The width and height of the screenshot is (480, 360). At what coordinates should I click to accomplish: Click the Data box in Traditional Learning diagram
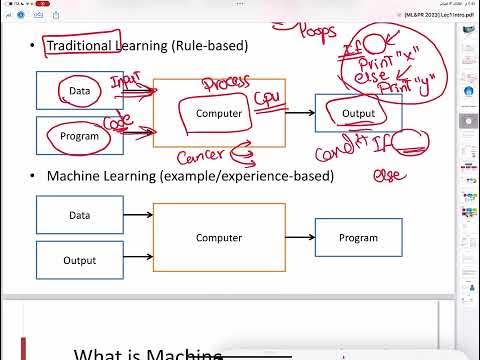point(80,91)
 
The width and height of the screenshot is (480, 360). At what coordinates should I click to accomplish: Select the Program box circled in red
point(80,136)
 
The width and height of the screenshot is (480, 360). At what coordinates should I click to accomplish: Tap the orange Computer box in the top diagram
point(219,113)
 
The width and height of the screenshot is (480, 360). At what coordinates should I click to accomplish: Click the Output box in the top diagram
point(358,113)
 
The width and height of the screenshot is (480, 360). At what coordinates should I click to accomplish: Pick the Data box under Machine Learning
point(80,215)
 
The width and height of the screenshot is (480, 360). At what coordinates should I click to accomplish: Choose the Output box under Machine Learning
point(80,260)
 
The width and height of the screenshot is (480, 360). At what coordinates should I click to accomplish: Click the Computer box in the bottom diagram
point(219,237)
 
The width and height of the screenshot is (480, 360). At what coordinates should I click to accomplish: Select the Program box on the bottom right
point(358,237)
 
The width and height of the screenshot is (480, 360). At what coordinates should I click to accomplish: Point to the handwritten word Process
point(226,84)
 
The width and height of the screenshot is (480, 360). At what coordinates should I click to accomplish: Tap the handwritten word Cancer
point(201,156)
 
